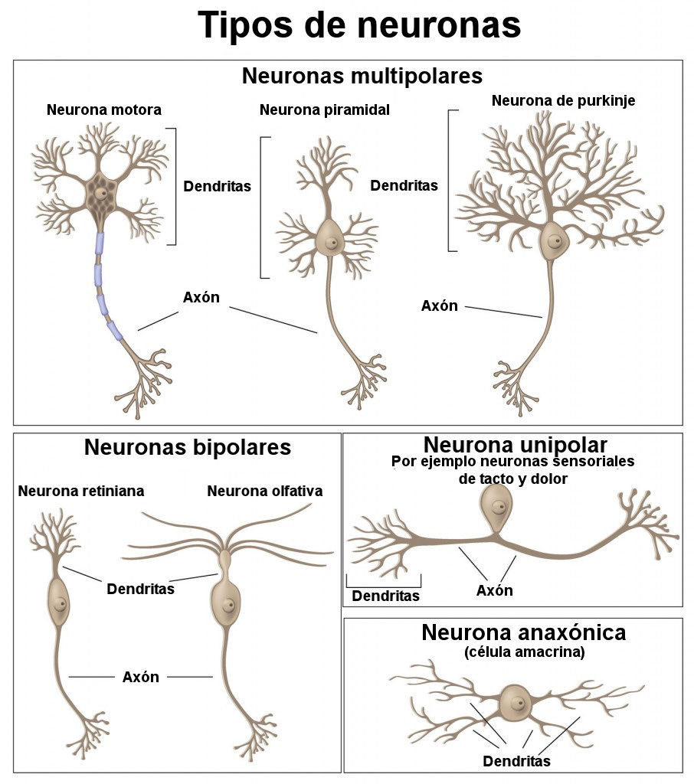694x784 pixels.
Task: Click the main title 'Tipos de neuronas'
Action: pyautogui.click(x=359, y=25)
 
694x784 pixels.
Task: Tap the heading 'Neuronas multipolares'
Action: pyautogui.click(x=362, y=77)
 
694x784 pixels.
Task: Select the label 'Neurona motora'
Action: pyautogui.click(x=104, y=110)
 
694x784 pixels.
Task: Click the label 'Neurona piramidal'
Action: pyautogui.click(x=325, y=110)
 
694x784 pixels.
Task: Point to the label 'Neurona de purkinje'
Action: pyautogui.click(x=563, y=100)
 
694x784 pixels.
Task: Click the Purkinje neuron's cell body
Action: pyautogui.click(x=553, y=241)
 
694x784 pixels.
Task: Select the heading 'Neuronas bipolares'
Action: pyautogui.click(x=188, y=447)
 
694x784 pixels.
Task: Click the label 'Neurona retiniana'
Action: pyautogui.click(x=81, y=491)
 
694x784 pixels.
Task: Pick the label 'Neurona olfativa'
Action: pyautogui.click(x=265, y=491)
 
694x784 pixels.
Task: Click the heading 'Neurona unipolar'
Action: pyautogui.click(x=515, y=445)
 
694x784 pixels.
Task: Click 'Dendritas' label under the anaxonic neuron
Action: pyautogui.click(x=516, y=761)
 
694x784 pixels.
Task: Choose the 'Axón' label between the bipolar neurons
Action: pyautogui.click(x=141, y=677)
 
